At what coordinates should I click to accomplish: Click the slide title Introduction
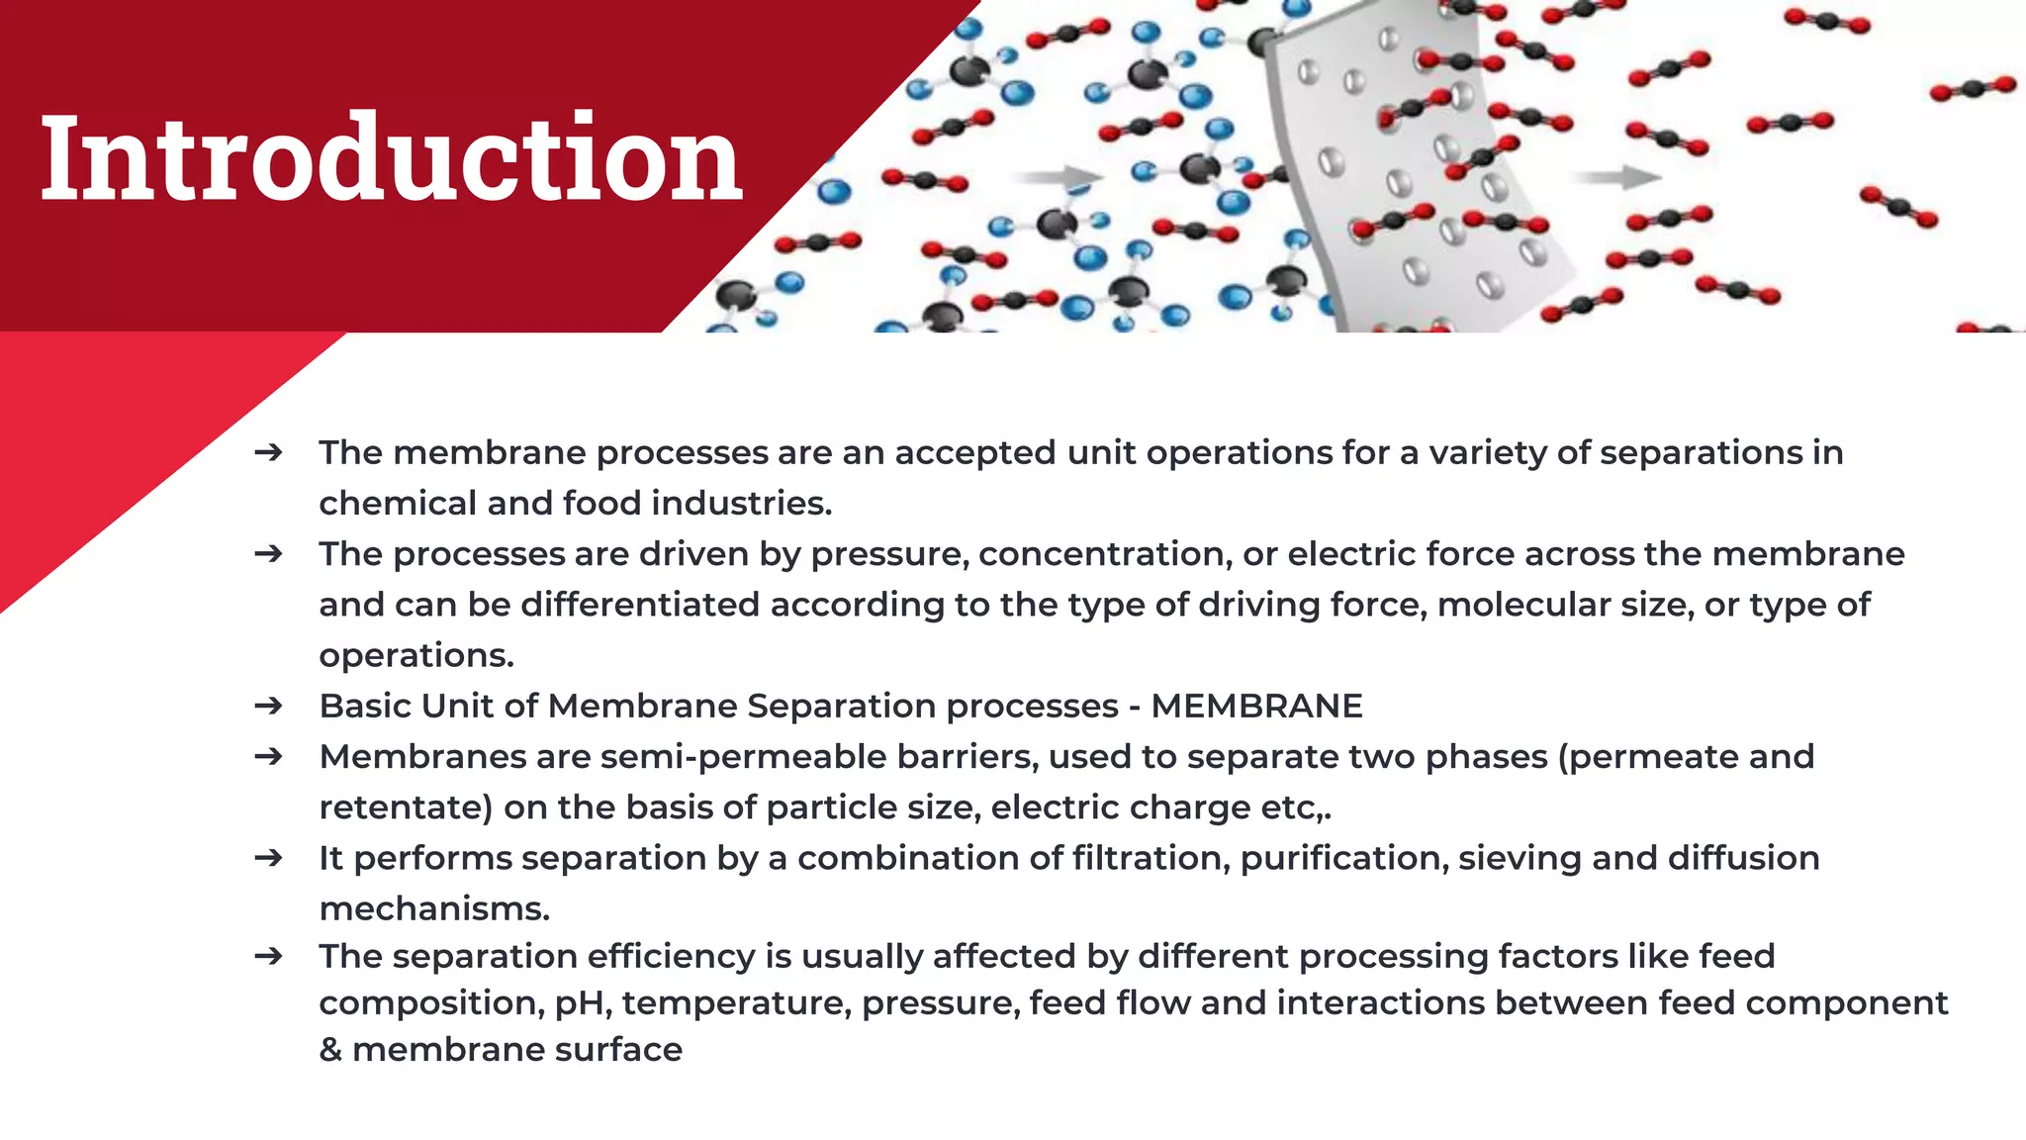391,158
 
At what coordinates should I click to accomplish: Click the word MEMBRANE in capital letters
1256,707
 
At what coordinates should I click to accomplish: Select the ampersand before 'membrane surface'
330,1050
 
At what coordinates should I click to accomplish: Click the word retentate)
406,807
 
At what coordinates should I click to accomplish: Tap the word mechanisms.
434,908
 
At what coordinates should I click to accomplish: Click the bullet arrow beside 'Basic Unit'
268,707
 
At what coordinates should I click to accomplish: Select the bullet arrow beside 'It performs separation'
268,858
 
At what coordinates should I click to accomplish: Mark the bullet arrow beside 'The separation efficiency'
268,957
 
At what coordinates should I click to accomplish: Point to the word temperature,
737,1003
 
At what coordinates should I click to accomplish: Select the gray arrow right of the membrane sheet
1618,178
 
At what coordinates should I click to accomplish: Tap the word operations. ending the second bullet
416,655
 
